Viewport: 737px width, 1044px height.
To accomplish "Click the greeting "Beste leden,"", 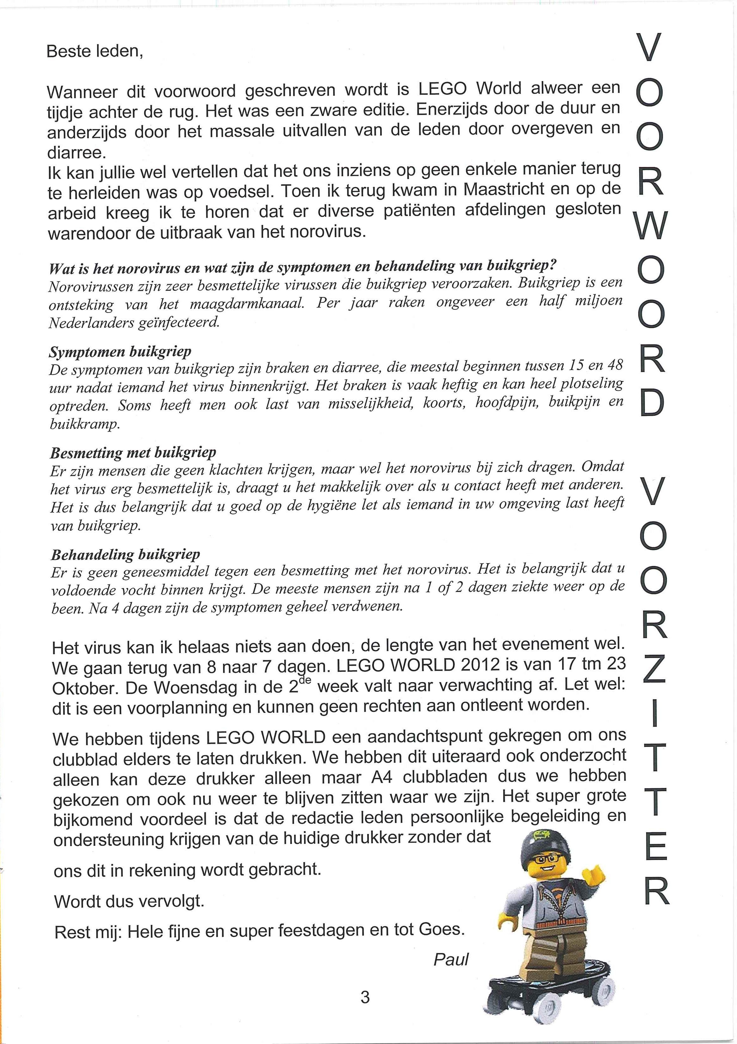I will (95, 51).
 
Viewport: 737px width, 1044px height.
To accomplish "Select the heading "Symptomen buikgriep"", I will (120, 351).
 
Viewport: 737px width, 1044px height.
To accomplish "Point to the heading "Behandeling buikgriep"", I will (125, 555).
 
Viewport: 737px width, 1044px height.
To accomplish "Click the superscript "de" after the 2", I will (304, 679).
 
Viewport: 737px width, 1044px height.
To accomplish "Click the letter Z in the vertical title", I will (653, 669).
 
